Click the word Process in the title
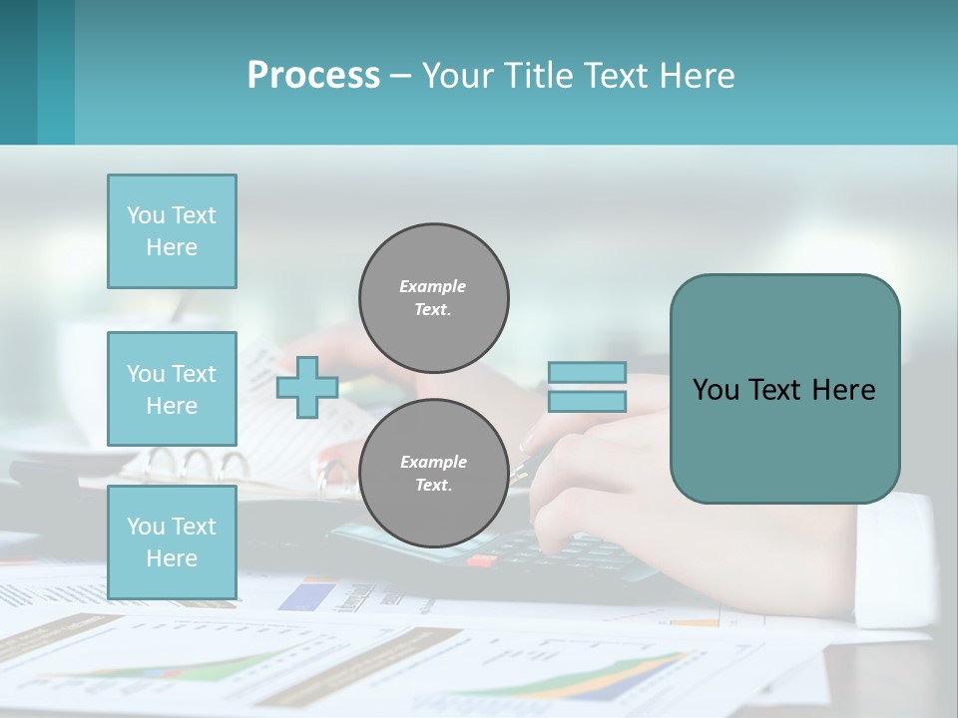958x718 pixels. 313,76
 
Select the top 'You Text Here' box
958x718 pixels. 172,231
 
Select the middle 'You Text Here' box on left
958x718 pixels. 172,389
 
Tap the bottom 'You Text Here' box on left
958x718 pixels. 172,541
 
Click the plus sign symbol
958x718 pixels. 307,387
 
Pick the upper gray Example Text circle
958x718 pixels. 433,297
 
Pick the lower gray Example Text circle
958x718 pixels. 433,473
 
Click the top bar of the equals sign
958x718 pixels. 587,373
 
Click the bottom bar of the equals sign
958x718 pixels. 587,401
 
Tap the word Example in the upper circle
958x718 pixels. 432,286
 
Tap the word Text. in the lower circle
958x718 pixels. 433,486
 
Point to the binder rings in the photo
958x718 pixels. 195,465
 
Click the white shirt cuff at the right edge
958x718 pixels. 903,558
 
